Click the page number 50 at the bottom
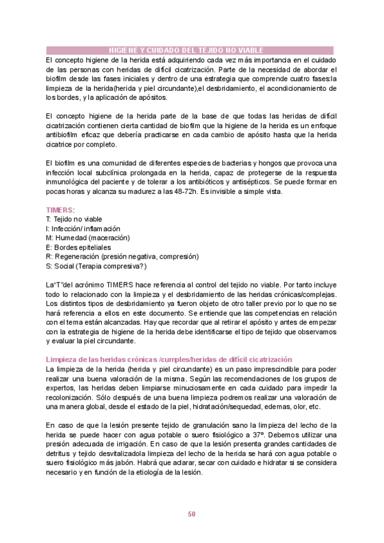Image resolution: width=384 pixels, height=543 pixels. [191, 514]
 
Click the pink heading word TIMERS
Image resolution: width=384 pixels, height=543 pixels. [60, 209]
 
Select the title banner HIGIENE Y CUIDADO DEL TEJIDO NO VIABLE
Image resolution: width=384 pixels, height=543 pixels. [191, 50]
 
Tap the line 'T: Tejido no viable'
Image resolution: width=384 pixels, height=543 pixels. [74, 219]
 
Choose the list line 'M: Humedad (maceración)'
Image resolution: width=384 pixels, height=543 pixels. [88, 238]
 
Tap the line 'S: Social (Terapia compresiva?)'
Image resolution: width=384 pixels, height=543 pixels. [97, 266]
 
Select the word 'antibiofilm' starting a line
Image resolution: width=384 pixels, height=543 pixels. [63, 135]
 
